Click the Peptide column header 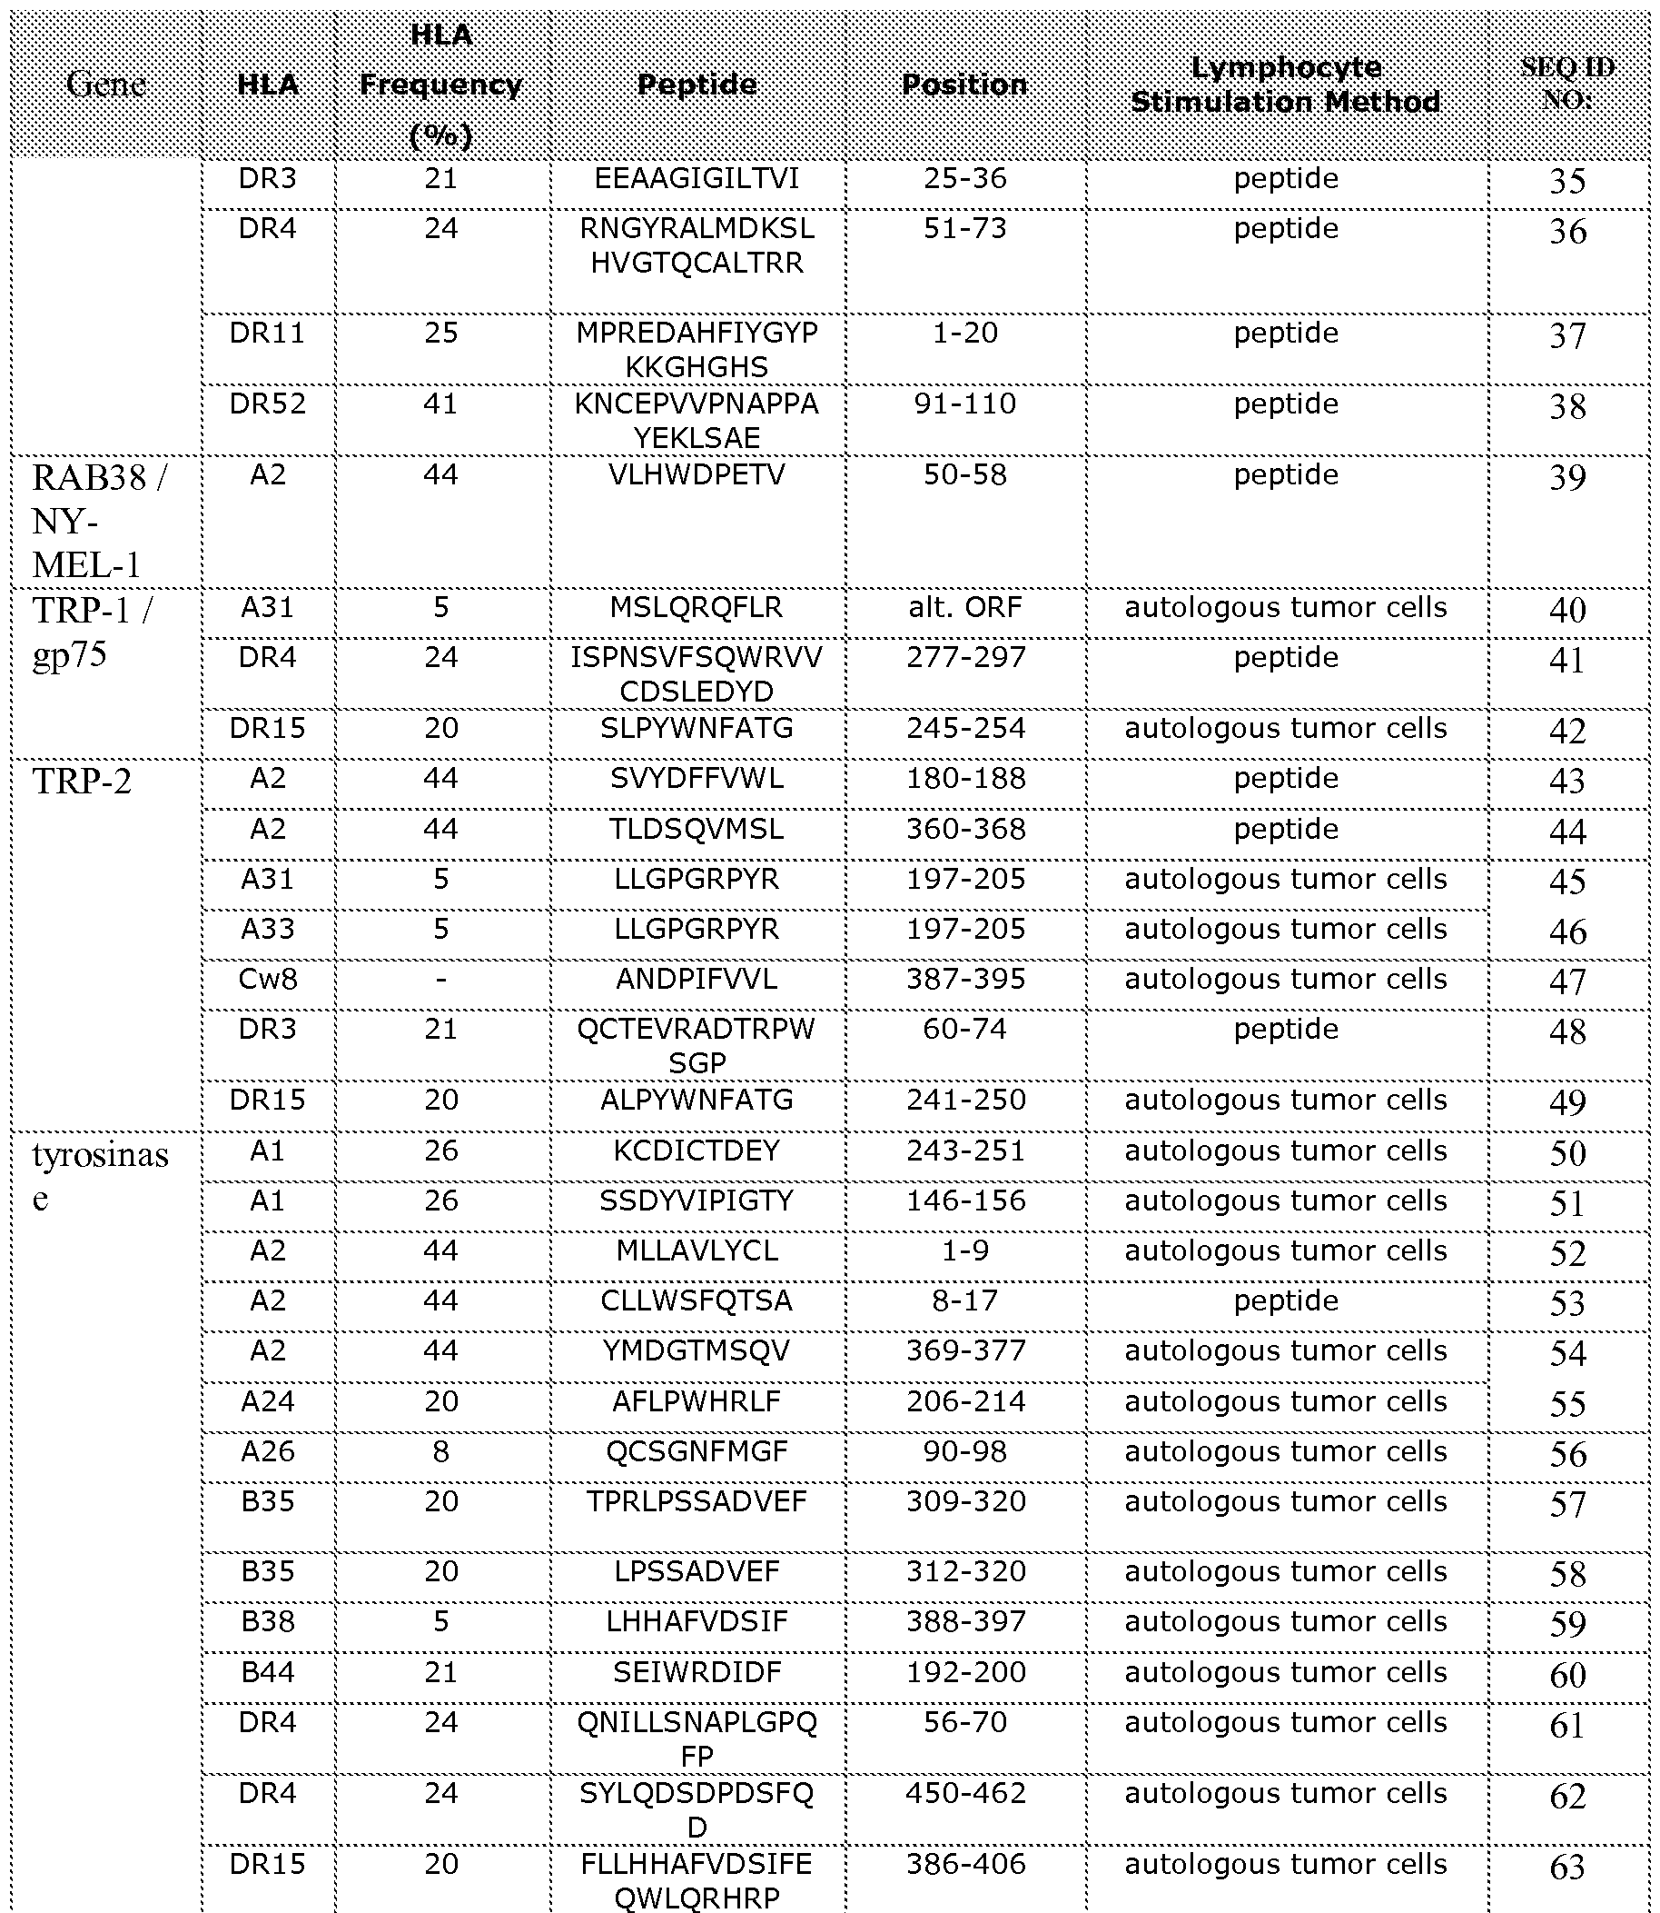pos(697,85)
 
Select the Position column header pos(964,85)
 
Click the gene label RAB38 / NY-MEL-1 pos(98,521)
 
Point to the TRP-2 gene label pos(82,782)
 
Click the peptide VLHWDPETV pos(697,475)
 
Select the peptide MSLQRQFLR pos(697,608)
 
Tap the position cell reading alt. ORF pos(964,608)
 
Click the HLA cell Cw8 pos(268,980)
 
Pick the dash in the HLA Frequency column pos(441,980)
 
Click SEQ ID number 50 pos(1567,1153)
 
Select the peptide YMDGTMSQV pos(697,1351)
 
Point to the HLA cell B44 pos(268,1673)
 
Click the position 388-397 pos(964,1622)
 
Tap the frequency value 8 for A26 pos(441,1451)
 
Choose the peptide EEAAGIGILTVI pos(697,179)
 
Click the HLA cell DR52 pos(268,404)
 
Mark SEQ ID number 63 pos(1567,1868)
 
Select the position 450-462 pos(964,1793)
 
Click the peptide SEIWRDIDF pos(697,1673)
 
